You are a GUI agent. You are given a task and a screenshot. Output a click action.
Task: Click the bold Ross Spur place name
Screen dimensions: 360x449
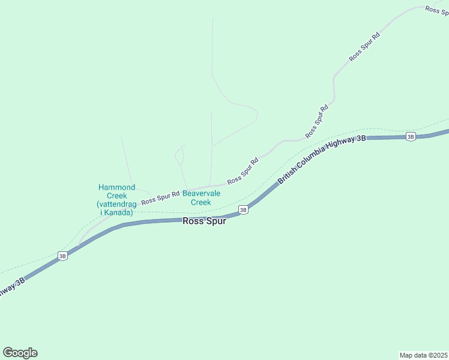[204, 221]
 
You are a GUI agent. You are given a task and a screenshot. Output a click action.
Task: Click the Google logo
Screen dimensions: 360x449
[20, 353]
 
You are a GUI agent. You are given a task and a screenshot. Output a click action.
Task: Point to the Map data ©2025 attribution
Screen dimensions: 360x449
[423, 355]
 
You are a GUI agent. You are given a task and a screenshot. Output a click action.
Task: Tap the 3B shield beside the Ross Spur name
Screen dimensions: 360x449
[243, 209]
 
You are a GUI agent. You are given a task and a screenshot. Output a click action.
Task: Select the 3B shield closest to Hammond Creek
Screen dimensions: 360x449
[62, 256]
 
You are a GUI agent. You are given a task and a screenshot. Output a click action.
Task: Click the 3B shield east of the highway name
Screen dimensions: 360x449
[411, 136]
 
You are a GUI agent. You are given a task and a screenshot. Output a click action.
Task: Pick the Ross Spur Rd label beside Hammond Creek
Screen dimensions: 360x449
[160, 197]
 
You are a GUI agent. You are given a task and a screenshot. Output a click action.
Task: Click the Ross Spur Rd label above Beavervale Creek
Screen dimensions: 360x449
[243, 171]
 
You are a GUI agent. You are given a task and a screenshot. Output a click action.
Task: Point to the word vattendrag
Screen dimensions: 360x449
[116, 204]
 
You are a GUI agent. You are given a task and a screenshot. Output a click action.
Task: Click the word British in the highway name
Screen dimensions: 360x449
[288, 175]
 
